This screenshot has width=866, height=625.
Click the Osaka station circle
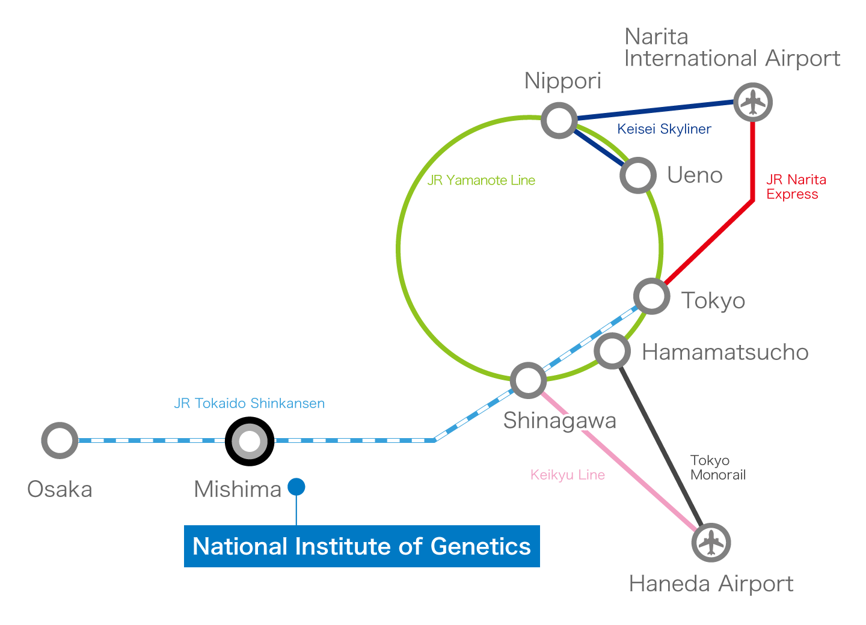point(60,441)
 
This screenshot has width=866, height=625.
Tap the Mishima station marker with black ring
point(250,441)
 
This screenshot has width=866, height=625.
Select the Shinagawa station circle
point(528,380)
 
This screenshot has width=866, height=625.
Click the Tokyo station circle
point(651,296)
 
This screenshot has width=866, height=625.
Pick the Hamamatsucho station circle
point(612,350)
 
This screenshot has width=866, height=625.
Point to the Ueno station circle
point(638,175)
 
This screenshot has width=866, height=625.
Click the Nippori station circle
point(559,120)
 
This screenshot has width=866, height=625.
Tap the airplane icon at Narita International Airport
point(753,102)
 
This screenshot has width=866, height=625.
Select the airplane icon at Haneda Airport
point(711,542)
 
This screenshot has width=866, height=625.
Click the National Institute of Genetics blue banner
point(361,546)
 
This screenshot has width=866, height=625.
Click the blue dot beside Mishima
point(296,487)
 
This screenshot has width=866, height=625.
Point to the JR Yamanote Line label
point(481,180)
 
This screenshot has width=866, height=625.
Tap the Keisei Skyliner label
point(664,129)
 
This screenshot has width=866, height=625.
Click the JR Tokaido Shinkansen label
point(249,403)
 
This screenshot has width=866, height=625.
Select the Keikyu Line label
point(567,475)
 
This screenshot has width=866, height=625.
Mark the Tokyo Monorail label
point(717,468)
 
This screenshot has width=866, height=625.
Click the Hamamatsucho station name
point(725,352)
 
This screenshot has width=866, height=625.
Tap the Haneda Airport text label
point(711,584)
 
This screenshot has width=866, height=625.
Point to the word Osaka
point(60,489)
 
